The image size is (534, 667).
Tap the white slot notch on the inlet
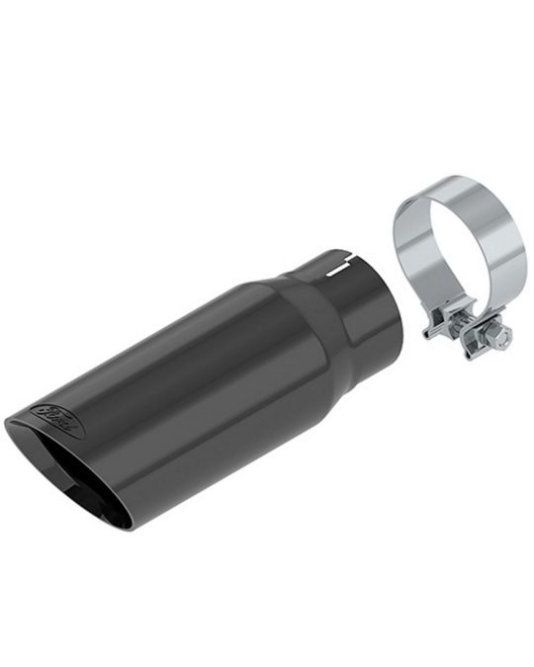(x=338, y=266)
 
